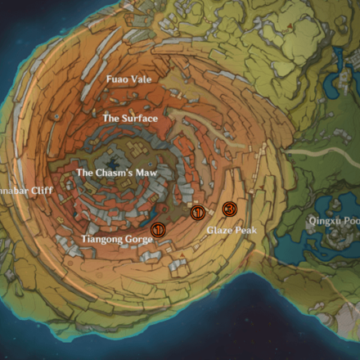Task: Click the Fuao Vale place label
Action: click(x=129, y=79)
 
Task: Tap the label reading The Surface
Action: click(x=129, y=119)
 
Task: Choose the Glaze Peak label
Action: click(x=231, y=231)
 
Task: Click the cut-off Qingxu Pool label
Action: click(x=333, y=221)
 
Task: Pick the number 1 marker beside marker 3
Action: click(x=197, y=213)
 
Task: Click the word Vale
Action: click(x=141, y=79)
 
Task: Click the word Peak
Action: click(x=245, y=231)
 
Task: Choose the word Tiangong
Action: click(x=97, y=239)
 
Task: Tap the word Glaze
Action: click(x=218, y=231)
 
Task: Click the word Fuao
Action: click(x=117, y=79)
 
